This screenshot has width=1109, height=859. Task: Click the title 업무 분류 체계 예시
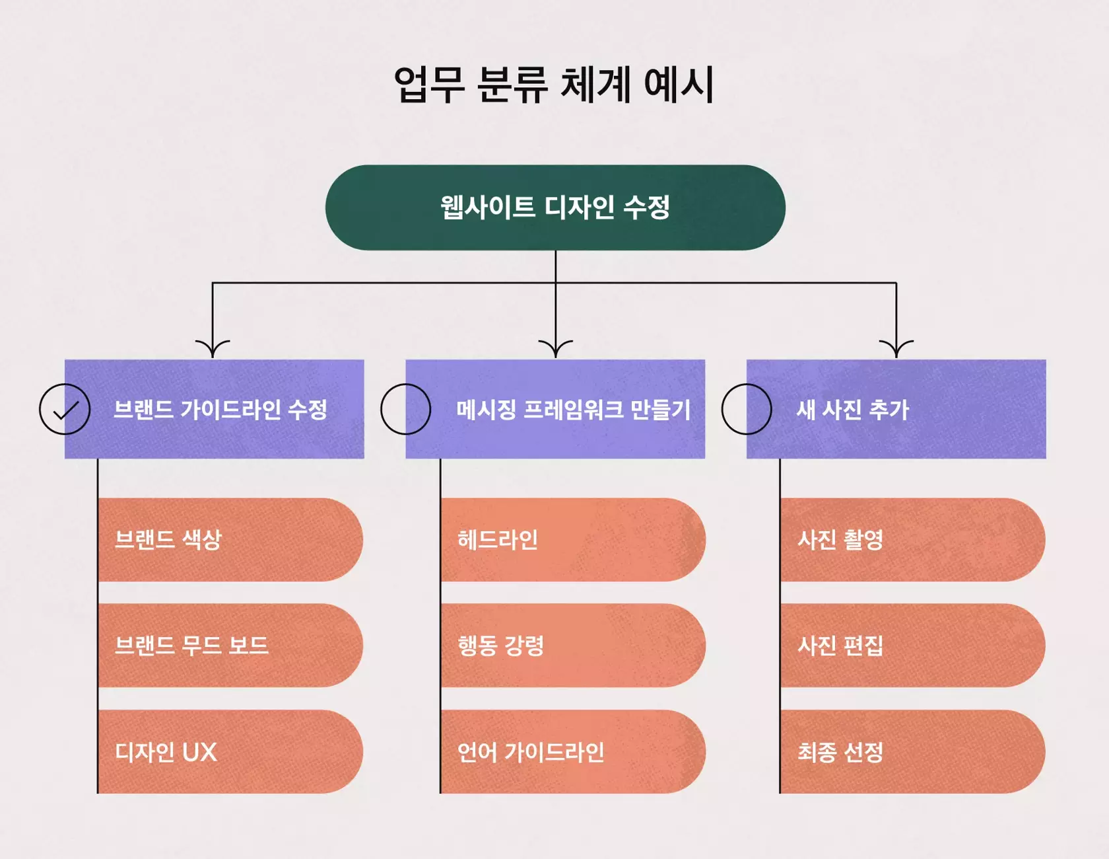[x=554, y=85]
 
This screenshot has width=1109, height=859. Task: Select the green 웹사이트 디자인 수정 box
[x=555, y=207]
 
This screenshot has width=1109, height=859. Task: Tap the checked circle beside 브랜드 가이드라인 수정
[x=65, y=409]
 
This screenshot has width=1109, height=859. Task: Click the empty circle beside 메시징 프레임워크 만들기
[x=405, y=409]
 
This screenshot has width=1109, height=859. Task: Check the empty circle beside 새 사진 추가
[x=747, y=409]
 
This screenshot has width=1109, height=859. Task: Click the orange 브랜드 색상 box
[x=230, y=540]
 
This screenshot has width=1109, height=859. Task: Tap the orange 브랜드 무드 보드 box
[x=230, y=646]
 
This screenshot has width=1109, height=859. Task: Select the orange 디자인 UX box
[x=230, y=752]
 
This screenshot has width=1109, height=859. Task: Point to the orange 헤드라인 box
[x=572, y=540]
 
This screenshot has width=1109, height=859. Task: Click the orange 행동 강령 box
[x=572, y=646]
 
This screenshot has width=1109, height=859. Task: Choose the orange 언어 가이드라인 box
[x=572, y=752]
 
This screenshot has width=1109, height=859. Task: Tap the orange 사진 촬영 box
[x=912, y=540]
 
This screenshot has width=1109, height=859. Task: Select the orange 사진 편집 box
[x=912, y=646]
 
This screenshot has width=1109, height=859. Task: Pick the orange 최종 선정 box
[x=912, y=752]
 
